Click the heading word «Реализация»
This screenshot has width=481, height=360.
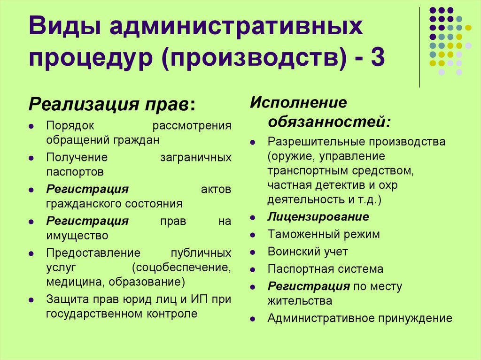[x=79, y=104]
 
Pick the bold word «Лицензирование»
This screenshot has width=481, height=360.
[x=318, y=217]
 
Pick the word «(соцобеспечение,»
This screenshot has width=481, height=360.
[x=181, y=268]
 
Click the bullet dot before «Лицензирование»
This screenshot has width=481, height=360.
[x=253, y=218]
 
